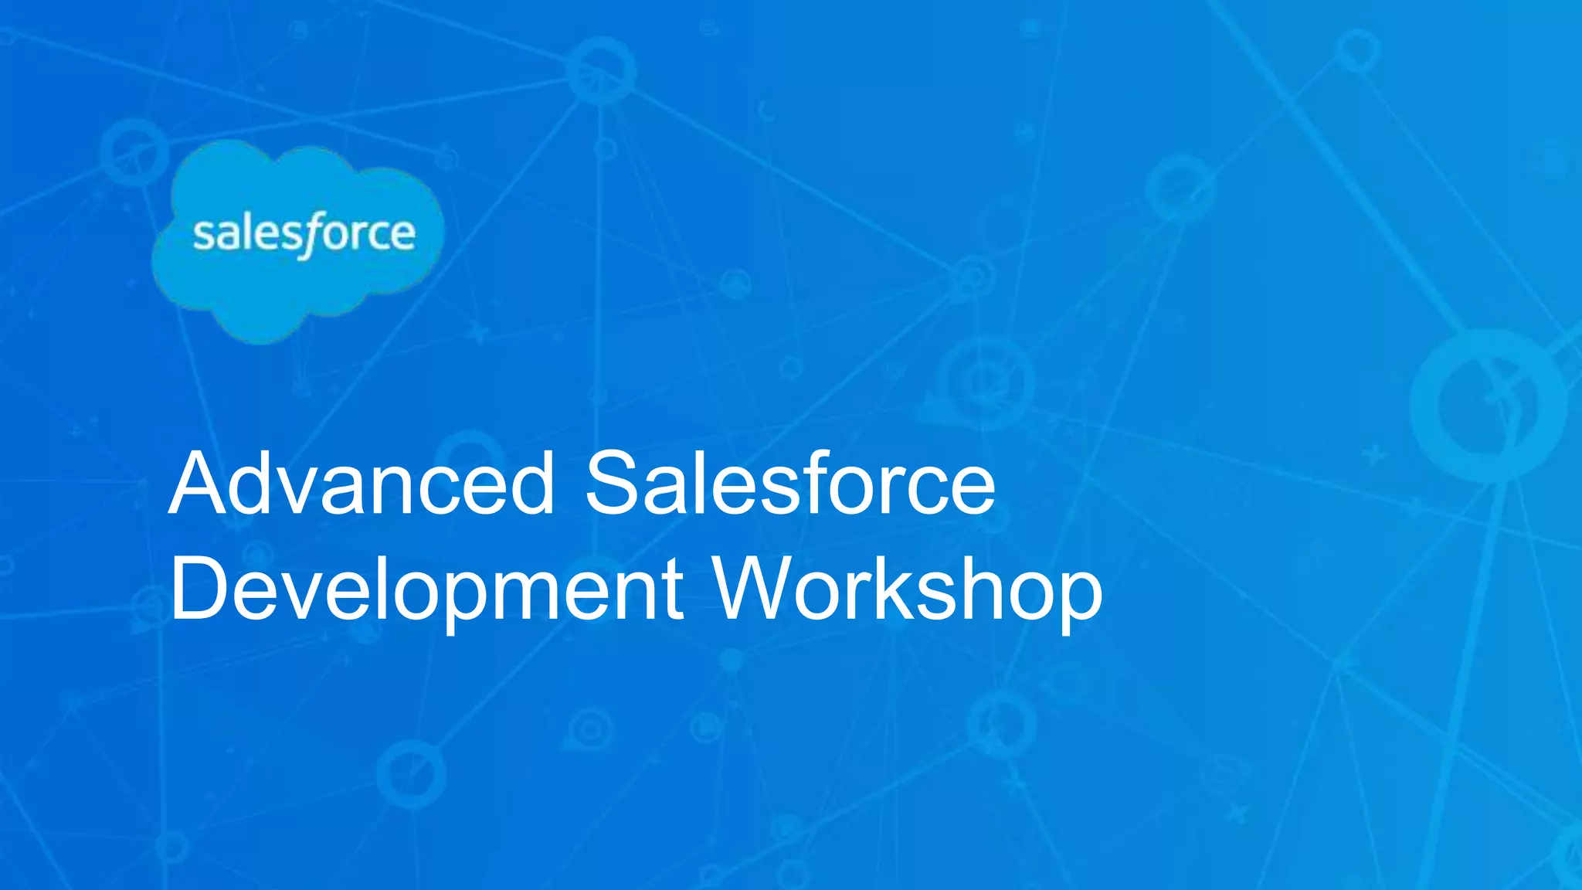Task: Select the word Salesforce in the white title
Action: [789, 484]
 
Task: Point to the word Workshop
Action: [908, 591]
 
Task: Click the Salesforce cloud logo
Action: [298, 239]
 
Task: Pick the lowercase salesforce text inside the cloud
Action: [304, 233]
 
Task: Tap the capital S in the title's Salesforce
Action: [615, 484]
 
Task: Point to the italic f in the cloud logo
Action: [309, 235]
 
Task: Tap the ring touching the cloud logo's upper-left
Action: [134, 151]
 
